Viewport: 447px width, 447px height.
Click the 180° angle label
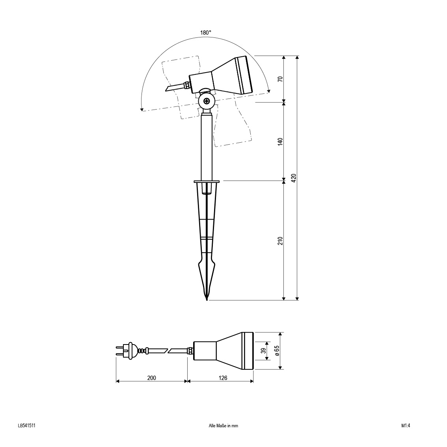click(205, 33)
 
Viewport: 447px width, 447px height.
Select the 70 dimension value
click(281, 79)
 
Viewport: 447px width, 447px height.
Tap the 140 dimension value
click(281, 142)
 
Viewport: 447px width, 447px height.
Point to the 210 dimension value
click(281, 241)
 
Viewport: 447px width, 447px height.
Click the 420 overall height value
click(294, 178)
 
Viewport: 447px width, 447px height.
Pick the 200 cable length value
click(151, 378)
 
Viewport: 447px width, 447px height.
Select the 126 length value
click(223, 378)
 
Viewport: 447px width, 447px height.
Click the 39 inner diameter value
click(264, 351)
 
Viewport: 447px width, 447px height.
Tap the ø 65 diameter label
click(278, 350)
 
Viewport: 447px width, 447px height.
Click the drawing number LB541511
click(26, 426)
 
